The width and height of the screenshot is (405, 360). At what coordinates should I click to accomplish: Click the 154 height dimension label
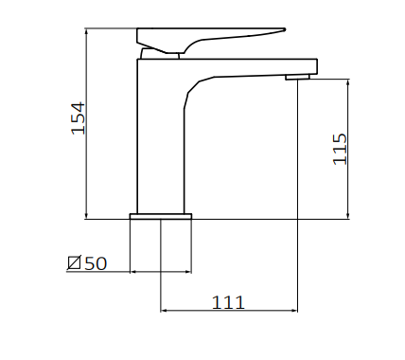click(x=79, y=118)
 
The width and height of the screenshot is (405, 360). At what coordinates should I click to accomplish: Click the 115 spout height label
click(x=340, y=149)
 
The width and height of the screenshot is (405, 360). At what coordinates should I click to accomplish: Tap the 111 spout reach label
click(x=228, y=302)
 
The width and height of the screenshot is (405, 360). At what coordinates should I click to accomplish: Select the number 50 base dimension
click(x=97, y=263)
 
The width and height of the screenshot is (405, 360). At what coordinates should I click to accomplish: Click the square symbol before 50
click(x=75, y=262)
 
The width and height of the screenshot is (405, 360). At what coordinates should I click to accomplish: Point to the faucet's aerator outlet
click(x=297, y=77)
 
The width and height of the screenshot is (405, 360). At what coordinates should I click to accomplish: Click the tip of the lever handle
click(x=285, y=29)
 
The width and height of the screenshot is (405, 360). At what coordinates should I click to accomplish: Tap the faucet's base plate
click(x=161, y=216)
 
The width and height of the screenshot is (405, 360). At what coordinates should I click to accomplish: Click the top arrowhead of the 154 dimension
click(x=86, y=30)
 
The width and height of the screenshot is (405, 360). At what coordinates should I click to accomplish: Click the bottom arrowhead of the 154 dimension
click(x=86, y=217)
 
